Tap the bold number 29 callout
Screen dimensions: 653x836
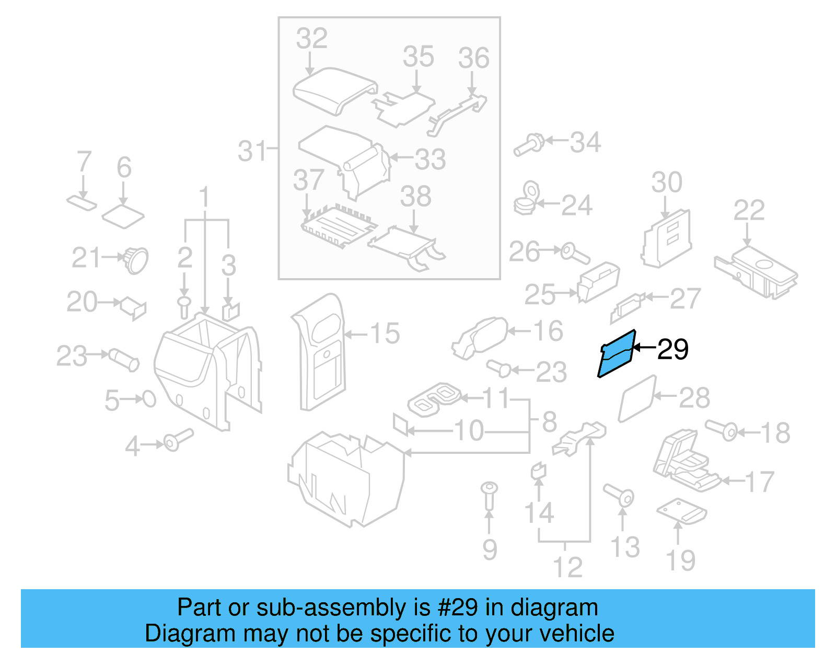(x=672, y=349)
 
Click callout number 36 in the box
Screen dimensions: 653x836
(x=473, y=58)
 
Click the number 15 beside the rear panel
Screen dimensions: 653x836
(x=385, y=334)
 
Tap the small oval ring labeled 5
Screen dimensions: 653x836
(x=149, y=399)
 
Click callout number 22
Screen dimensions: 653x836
(x=749, y=211)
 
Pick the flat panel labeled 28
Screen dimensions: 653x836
(x=637, y=398)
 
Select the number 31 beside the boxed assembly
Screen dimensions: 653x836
(x=252, y=152)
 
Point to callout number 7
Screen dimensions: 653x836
(x=84, y=162)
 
